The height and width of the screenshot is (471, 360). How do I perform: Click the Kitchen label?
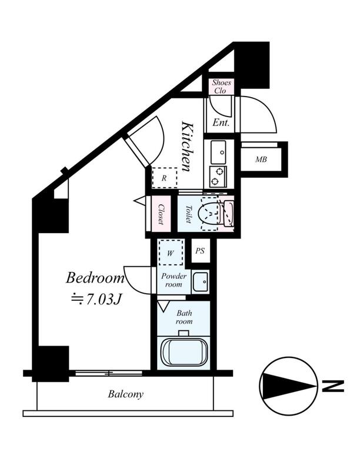[x=186, y=146]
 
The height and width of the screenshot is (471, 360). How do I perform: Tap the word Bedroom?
[x=95, y=278]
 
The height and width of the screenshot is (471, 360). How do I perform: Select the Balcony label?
[x=126, y=394]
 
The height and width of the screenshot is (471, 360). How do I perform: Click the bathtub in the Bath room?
[x=184, y=352]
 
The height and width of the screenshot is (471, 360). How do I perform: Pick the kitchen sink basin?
[x=218, y=152]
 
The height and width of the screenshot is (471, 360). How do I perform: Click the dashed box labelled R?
[x=164, y=178]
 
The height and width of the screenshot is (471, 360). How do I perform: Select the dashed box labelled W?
[x=171, y=253]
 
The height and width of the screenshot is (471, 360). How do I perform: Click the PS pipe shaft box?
[x=200, y=251]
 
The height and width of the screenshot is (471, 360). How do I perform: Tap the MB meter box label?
[x=261, y=160]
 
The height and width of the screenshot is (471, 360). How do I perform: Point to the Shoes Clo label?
[x=221, y=87]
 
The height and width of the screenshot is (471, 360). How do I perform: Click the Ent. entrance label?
[x=221, y=122]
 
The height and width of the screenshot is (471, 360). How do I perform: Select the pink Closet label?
[x=161, y=214]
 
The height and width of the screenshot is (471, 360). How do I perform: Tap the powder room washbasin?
[x=201, y=282]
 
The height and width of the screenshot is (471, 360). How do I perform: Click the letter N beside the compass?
[x=333, y=386]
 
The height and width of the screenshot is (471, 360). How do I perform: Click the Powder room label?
[x=174, y=280]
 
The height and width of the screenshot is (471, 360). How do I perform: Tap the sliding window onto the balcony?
[x=109, y=373]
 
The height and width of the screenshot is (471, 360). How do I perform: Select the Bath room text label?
[x=184, y=317]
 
